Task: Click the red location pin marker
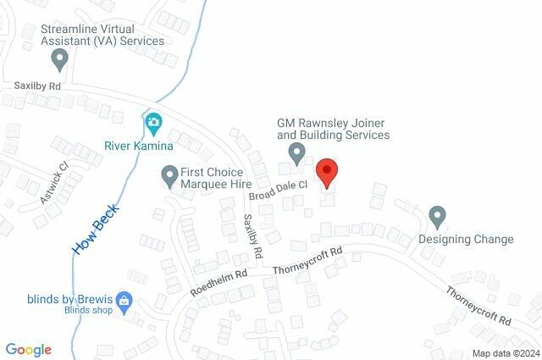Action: pyautogui.click(x=328, y=172)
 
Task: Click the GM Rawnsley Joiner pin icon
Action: pyautogui.click(x=296, y=153)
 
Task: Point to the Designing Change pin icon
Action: pyautogui.click(x=437, y=216)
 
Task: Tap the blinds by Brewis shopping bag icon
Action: pyautogui.click(x=124, y=299)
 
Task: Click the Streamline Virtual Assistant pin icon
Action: pyautogui.click(x=59, y=59)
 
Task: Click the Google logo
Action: pyautogui.click(x=29, y=349)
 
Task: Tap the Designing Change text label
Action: pyautogui.click(x=466, y=239)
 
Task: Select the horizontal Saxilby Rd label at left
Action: pyautogui.click(x=37, y=86)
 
